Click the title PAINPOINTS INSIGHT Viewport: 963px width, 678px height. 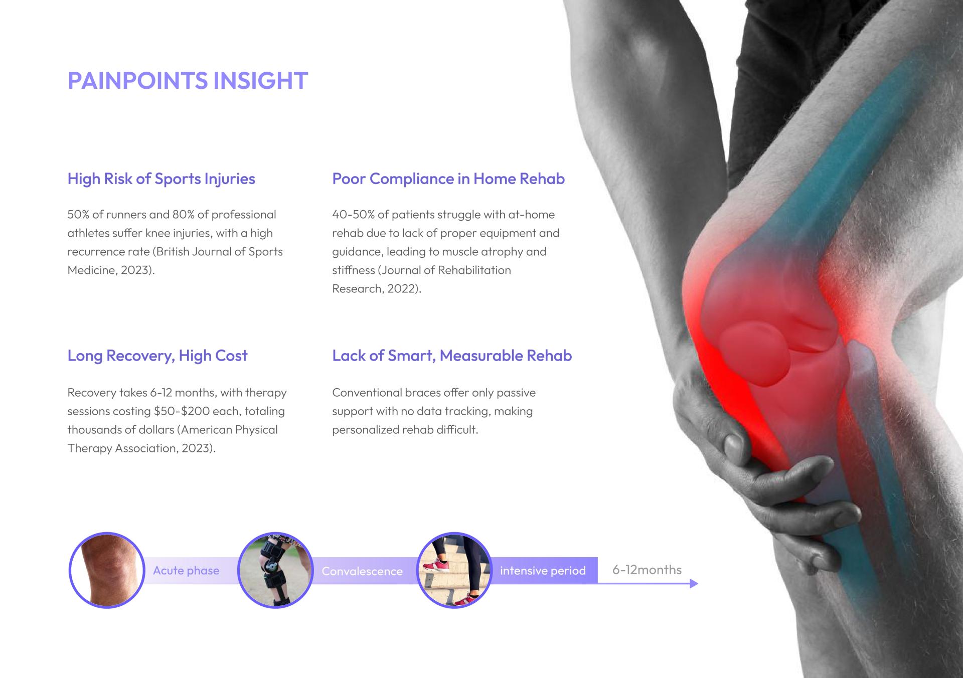pyautogui.click(x=188, y=81)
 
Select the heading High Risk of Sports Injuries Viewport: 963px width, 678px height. pyautogui.click(x=162, y=179)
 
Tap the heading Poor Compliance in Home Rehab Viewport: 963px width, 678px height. pyautogui.click(x=448, y=179)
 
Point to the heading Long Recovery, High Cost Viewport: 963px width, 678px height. pyautogui.click(x=157, y=356)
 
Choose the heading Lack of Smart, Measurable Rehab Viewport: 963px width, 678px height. pyautogui.click(x=452, y=356)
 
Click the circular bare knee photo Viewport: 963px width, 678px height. pyautogui.click(x=107, y=570)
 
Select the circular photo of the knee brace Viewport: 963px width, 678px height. pyautogui.click(x=275, y=570)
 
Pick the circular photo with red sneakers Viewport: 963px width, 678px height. pyautogui.click(x=454, y=570)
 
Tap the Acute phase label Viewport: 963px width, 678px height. pyautogui.click(x=186, y=571)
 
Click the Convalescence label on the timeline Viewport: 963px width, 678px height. pyautogui.click(x=362, y=571)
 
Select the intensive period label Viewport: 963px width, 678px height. pyautogui.click(x=543, y=571)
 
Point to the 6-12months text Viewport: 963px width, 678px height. pyautogui.click(x=647, y=570)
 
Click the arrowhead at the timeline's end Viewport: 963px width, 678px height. pyautogui.click(x=694, y=583)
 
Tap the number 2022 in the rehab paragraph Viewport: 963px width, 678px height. pyautogui.click(x=401, y=289)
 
